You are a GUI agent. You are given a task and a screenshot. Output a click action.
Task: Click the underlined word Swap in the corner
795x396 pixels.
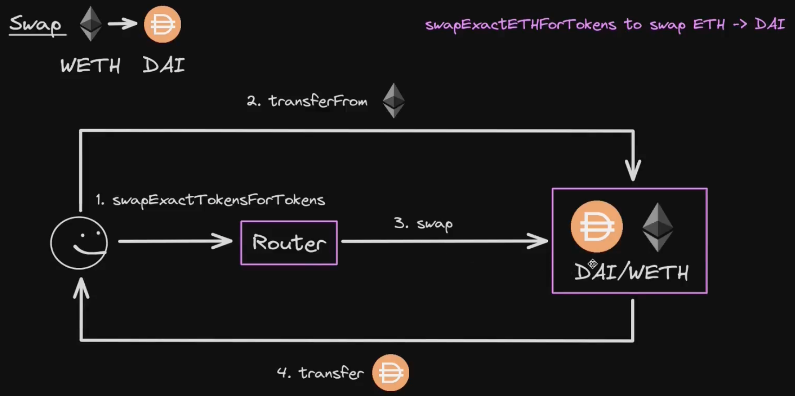[x=36, y=24]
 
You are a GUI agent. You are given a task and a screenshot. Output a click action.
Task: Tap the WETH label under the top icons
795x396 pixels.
[x=90, y=66]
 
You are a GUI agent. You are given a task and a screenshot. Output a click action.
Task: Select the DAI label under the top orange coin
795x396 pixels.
[x=164, y=66]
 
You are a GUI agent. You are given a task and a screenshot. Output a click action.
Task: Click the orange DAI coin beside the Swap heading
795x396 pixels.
[x=162, y=24]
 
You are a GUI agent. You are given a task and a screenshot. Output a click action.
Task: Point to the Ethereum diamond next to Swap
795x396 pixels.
[x=91, y=24]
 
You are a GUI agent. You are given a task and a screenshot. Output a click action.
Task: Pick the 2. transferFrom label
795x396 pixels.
[x=307, y=101]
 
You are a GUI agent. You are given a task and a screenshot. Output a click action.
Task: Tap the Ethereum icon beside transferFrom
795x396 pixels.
[x=394, y=101]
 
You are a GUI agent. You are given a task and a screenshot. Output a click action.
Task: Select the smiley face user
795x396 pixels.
[x=79, y=243]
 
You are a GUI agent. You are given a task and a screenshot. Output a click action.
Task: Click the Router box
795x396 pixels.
[x=289, y=243]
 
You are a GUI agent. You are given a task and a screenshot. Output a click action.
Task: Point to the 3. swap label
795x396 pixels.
[x=423, y=224]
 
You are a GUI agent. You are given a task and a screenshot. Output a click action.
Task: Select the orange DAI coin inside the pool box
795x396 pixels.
[x=596, y=227]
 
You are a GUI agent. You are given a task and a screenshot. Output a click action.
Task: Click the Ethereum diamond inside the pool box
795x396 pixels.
[x=657, y=227]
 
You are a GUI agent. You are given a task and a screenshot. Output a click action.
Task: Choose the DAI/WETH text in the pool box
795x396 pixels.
[x=632, y=273]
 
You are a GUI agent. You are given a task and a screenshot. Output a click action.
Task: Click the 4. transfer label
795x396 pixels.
[x=321, y=373]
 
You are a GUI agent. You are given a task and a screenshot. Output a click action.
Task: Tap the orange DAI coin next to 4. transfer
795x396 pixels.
[x=391, y=373]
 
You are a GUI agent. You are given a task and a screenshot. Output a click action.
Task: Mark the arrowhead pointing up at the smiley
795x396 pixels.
[x=81, y=287]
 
